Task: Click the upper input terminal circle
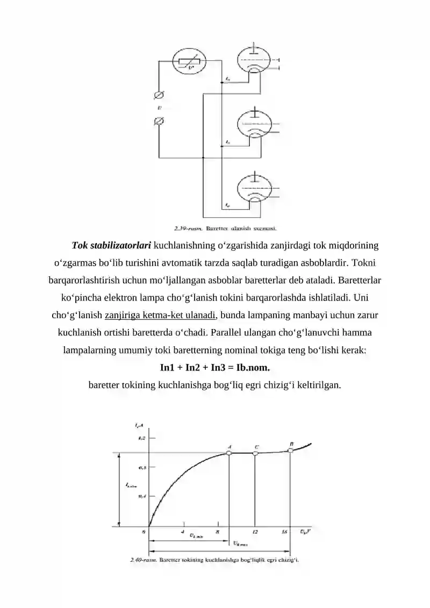159,95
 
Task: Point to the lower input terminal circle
159,121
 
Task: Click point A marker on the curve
229,453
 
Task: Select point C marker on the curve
255,453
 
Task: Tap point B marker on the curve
291,450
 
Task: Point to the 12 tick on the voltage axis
255,532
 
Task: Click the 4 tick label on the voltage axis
183,532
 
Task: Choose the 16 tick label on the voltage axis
285,532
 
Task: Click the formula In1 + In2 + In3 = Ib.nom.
215,368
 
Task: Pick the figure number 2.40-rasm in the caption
143,560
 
